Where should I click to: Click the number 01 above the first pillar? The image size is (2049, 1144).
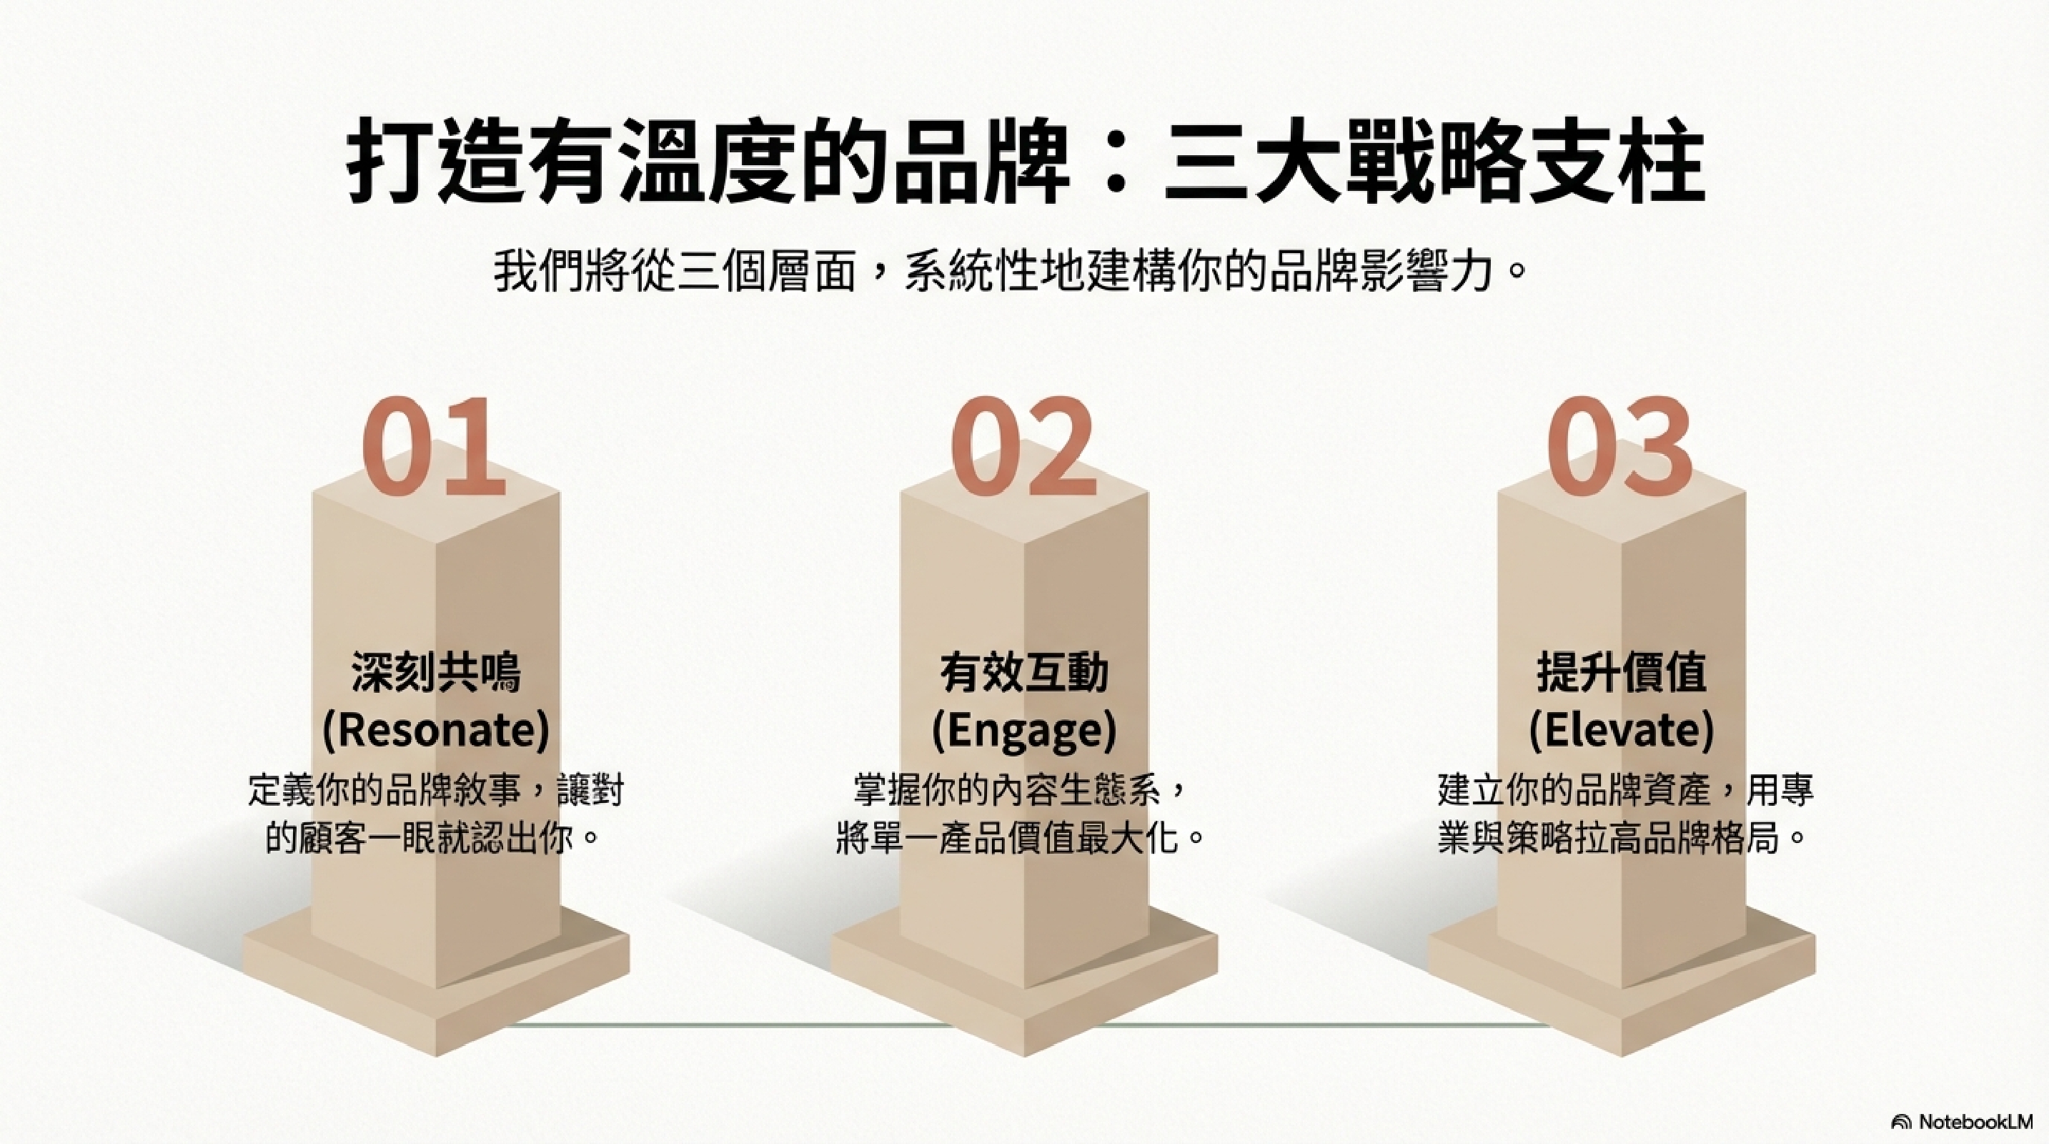tap(434, 447)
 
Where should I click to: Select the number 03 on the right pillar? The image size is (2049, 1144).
tap(1619, 447)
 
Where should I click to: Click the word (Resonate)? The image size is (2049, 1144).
tap(436, 729)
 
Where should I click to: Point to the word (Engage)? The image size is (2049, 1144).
tap(1025, 729)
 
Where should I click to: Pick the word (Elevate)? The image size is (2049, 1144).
tap(1622, 729)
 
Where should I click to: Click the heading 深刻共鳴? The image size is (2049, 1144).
tap(436, 672)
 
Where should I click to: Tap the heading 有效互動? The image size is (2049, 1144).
tap(1025, 672)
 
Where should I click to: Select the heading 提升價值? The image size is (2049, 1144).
tap(1622, 672)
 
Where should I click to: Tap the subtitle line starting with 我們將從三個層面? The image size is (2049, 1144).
tap(1010, 271)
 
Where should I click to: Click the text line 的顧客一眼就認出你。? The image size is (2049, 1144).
tap(432, 838)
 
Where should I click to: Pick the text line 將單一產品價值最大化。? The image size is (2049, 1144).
tap(1020, 838)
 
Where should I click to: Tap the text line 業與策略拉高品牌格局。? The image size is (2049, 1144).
tap(1622, 838)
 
